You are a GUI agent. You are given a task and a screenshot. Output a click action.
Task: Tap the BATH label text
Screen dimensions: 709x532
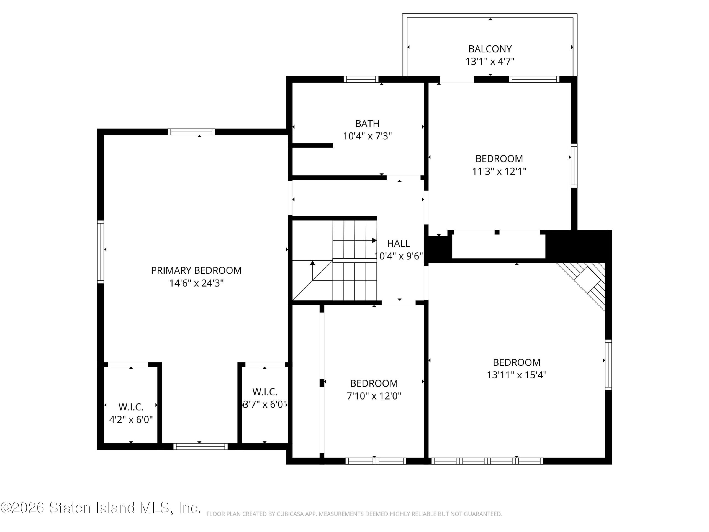367,124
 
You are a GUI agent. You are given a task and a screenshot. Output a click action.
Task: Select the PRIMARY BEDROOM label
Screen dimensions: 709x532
196,270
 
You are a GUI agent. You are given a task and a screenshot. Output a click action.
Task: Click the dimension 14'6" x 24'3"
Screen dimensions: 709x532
196,283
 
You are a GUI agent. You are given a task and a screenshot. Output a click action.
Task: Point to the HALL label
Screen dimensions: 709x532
399,243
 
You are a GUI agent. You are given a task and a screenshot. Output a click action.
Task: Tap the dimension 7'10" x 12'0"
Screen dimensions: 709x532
374,396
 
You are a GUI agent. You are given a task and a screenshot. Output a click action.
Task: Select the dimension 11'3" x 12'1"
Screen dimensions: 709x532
499,171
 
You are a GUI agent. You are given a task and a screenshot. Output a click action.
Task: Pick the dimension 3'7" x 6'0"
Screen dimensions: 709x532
265,404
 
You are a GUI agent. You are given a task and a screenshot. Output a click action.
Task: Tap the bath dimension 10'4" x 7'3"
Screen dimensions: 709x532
367,136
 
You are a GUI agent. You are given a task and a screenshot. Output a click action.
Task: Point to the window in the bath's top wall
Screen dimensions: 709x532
361,79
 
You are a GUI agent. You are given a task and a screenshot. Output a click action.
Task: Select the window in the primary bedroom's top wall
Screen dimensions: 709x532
191,132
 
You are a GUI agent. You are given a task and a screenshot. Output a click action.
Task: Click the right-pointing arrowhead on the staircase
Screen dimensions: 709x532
374,240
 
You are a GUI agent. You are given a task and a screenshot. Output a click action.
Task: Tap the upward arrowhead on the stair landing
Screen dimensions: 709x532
312,263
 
